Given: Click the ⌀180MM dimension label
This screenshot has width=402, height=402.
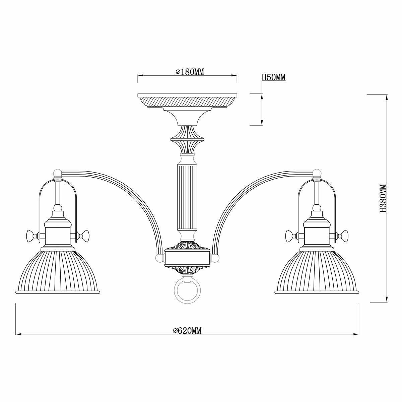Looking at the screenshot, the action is coord(189,72).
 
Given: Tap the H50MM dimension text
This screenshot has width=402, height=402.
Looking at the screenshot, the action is coord(273,77).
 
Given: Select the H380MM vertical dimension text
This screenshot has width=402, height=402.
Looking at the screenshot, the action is coord(383,198).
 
